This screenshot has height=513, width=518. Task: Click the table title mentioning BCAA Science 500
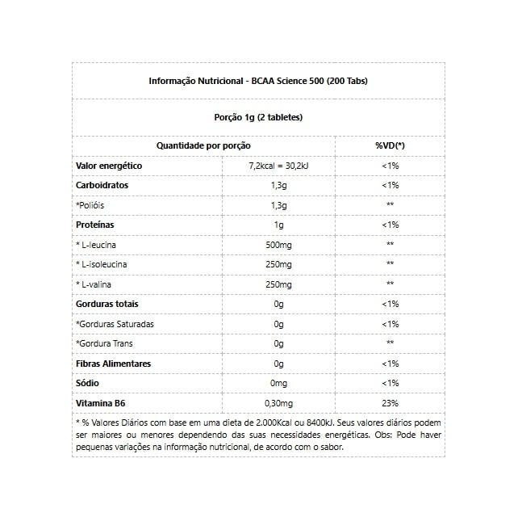tap(259, 81)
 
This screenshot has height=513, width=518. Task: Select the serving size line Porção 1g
tap(259, 117)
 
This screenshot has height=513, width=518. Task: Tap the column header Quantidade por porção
tap(203, 145)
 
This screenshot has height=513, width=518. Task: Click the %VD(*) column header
tap(390, 145)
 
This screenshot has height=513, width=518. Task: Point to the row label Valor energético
tap(109, 165)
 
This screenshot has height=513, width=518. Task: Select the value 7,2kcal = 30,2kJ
tap(279, 165)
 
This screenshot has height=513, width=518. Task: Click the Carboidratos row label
tap(102, 185)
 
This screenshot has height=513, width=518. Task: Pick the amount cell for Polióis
tap(279, 204)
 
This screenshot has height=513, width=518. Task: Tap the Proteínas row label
tap(95, 225)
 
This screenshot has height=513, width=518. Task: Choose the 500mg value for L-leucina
tap(279, 244)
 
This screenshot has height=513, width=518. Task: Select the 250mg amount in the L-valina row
tap(279, 284)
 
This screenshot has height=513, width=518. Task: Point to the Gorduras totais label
tap(107, 304)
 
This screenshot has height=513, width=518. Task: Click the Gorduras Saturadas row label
tap(115, 324)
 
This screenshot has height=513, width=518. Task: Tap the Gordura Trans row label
tap(105, 343)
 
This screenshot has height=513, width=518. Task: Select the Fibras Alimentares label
tap(113, 364)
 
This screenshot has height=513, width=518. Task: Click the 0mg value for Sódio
tap(279, 383)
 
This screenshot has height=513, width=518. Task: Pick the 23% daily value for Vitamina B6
tap(390, 403)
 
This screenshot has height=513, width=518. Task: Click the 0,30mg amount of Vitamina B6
tap(279, 403)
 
